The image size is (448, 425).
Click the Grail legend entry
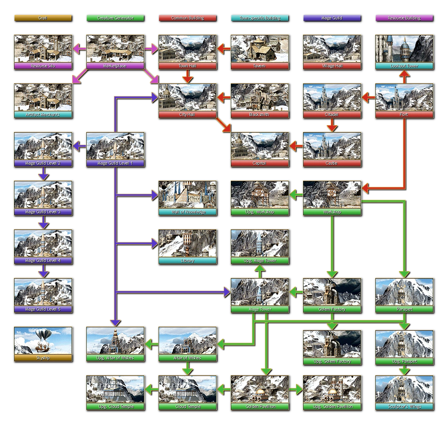tap(43, 18)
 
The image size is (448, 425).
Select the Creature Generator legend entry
tap(115, 18)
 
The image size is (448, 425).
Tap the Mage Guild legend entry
tap(332, 18)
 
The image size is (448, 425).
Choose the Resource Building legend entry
tap(404, 18)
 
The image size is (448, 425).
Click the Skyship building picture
tap(43, 341)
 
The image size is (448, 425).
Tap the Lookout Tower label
tap(404, 66)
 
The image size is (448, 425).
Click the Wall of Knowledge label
tap(187, 212)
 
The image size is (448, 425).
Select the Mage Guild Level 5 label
tap(43, 309)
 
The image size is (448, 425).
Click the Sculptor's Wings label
tap(404, 407)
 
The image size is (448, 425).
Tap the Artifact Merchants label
tap(43, 115)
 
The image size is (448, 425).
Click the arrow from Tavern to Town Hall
tap(224, 49)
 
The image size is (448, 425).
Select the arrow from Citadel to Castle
tap(332, 125)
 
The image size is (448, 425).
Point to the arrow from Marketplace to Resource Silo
tap(79, 49)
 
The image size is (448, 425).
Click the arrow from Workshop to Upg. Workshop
tap(296, 195)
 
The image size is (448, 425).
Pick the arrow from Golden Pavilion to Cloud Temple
tap(224, 389)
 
